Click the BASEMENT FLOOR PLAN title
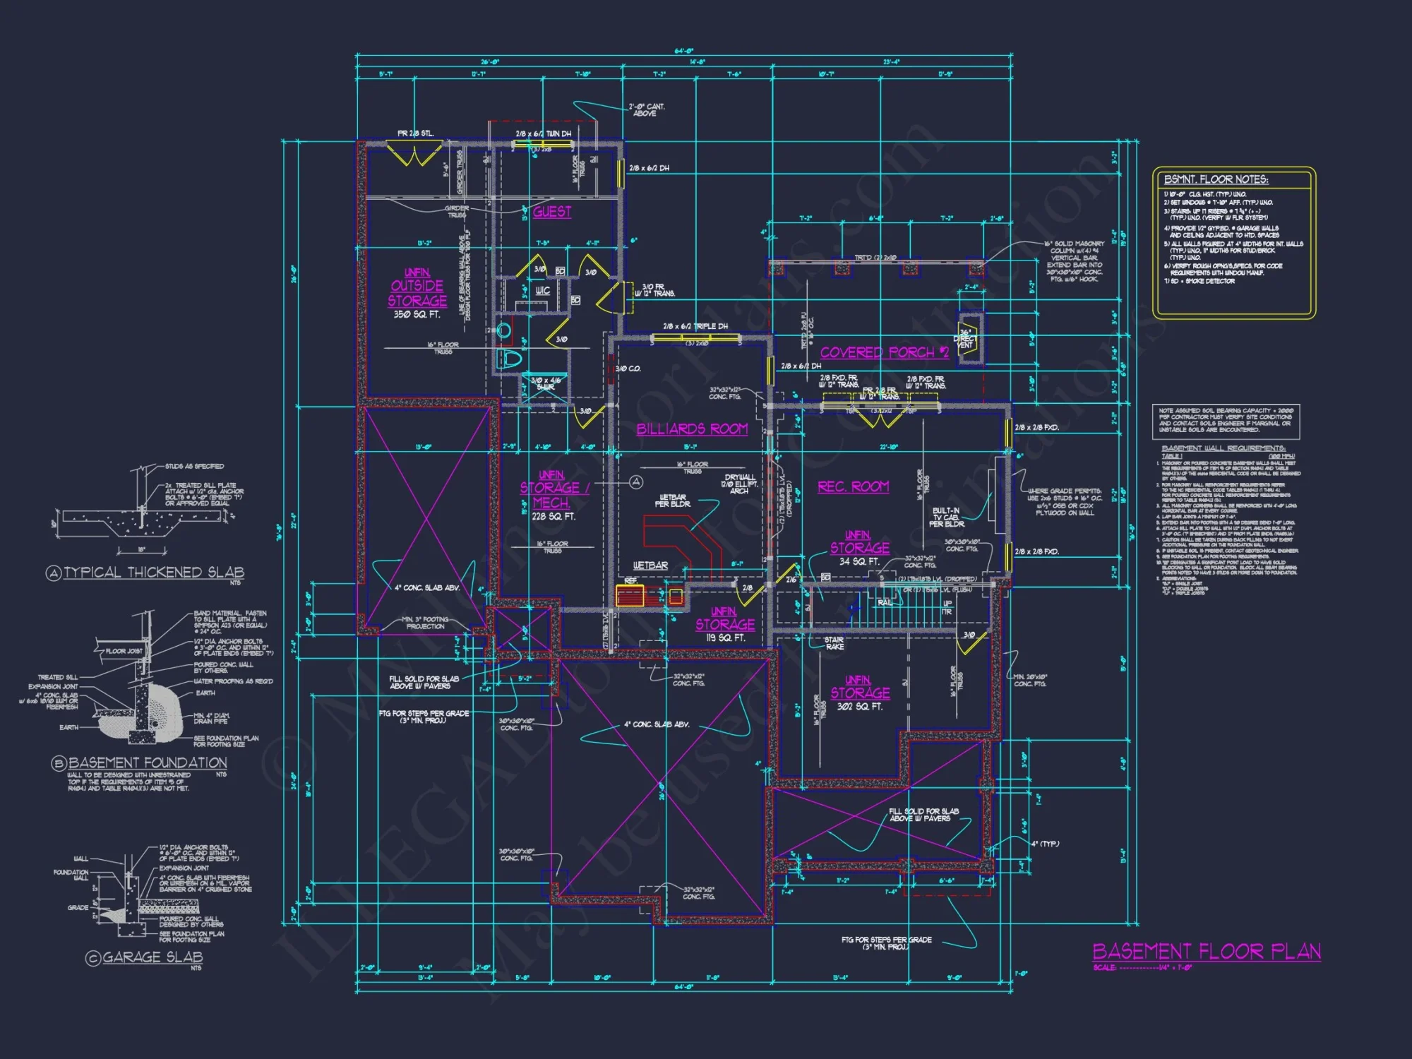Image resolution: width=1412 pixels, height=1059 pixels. tap(1206, 952)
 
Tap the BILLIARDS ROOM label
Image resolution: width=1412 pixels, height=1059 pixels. tap(692, 429)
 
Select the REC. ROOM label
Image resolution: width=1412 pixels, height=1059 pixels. tap(853, 487)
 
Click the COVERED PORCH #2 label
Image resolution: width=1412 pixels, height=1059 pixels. tap(884, 352)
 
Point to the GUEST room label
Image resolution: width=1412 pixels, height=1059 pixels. tap(552, 212)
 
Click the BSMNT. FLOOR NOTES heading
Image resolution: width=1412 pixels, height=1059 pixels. tap(1216, 180)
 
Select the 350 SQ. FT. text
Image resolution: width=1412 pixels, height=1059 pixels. tap(417, 315)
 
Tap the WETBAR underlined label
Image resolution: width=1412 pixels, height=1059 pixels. tap(650, 566)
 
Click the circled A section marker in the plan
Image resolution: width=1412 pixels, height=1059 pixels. tap(636, 482)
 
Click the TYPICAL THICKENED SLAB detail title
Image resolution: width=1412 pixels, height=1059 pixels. tap(153, 573)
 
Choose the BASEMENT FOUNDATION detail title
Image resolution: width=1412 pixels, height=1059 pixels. tap(147, 763)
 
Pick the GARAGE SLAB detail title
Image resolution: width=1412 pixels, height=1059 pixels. tap(152, 958)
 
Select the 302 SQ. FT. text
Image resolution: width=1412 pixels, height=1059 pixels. tap(859, 707)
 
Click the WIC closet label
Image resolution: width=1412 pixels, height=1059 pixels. tap(542, 291)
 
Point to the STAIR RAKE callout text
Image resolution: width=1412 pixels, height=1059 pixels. tap(834, 643)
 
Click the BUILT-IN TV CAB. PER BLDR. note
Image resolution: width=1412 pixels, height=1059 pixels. tap(946, 517)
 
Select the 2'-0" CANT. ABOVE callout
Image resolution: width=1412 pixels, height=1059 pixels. tap(647, 110)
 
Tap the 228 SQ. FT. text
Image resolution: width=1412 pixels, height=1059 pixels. tap(553, 517)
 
